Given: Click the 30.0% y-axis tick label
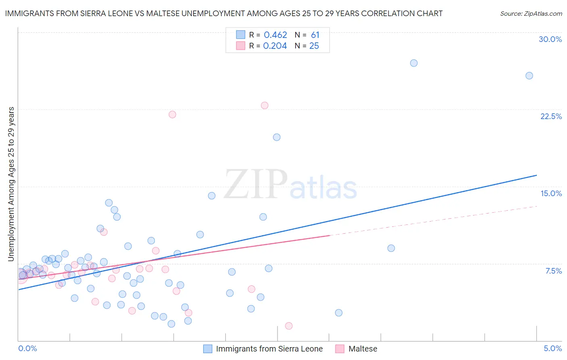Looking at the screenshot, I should [x=550, y=39].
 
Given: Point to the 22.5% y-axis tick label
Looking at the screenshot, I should [x=551, y=116].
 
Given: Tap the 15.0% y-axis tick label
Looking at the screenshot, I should [x=551, y=193].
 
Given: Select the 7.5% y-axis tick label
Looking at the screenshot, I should [x=553, y=271].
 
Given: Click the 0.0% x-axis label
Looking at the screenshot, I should [x=27, y=348].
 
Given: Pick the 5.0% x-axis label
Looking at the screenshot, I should [x=552, y=348].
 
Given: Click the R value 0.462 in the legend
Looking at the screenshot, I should [x=275, y=35].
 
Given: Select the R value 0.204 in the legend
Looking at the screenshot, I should [x=275, y=46].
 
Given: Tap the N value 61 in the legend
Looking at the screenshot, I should [x=315, y=35].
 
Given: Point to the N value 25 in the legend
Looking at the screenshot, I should [x=314, y=46].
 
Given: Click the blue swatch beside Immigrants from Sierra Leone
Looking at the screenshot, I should [x=208, y=349].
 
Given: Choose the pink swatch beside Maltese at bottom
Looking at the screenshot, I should [x=340, y=349].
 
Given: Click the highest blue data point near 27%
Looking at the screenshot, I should [x=414, y=63].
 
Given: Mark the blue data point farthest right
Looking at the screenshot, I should [x=529, y=76].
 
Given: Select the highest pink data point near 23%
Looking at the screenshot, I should [x=265, y=105].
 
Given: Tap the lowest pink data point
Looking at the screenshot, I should [x=289, y=326].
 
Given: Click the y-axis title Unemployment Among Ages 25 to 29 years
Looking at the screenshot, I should [x=11, y=184].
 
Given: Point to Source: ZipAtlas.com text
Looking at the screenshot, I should [x=531, y=14].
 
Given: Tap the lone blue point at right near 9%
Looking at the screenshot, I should [x=391, y=248].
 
